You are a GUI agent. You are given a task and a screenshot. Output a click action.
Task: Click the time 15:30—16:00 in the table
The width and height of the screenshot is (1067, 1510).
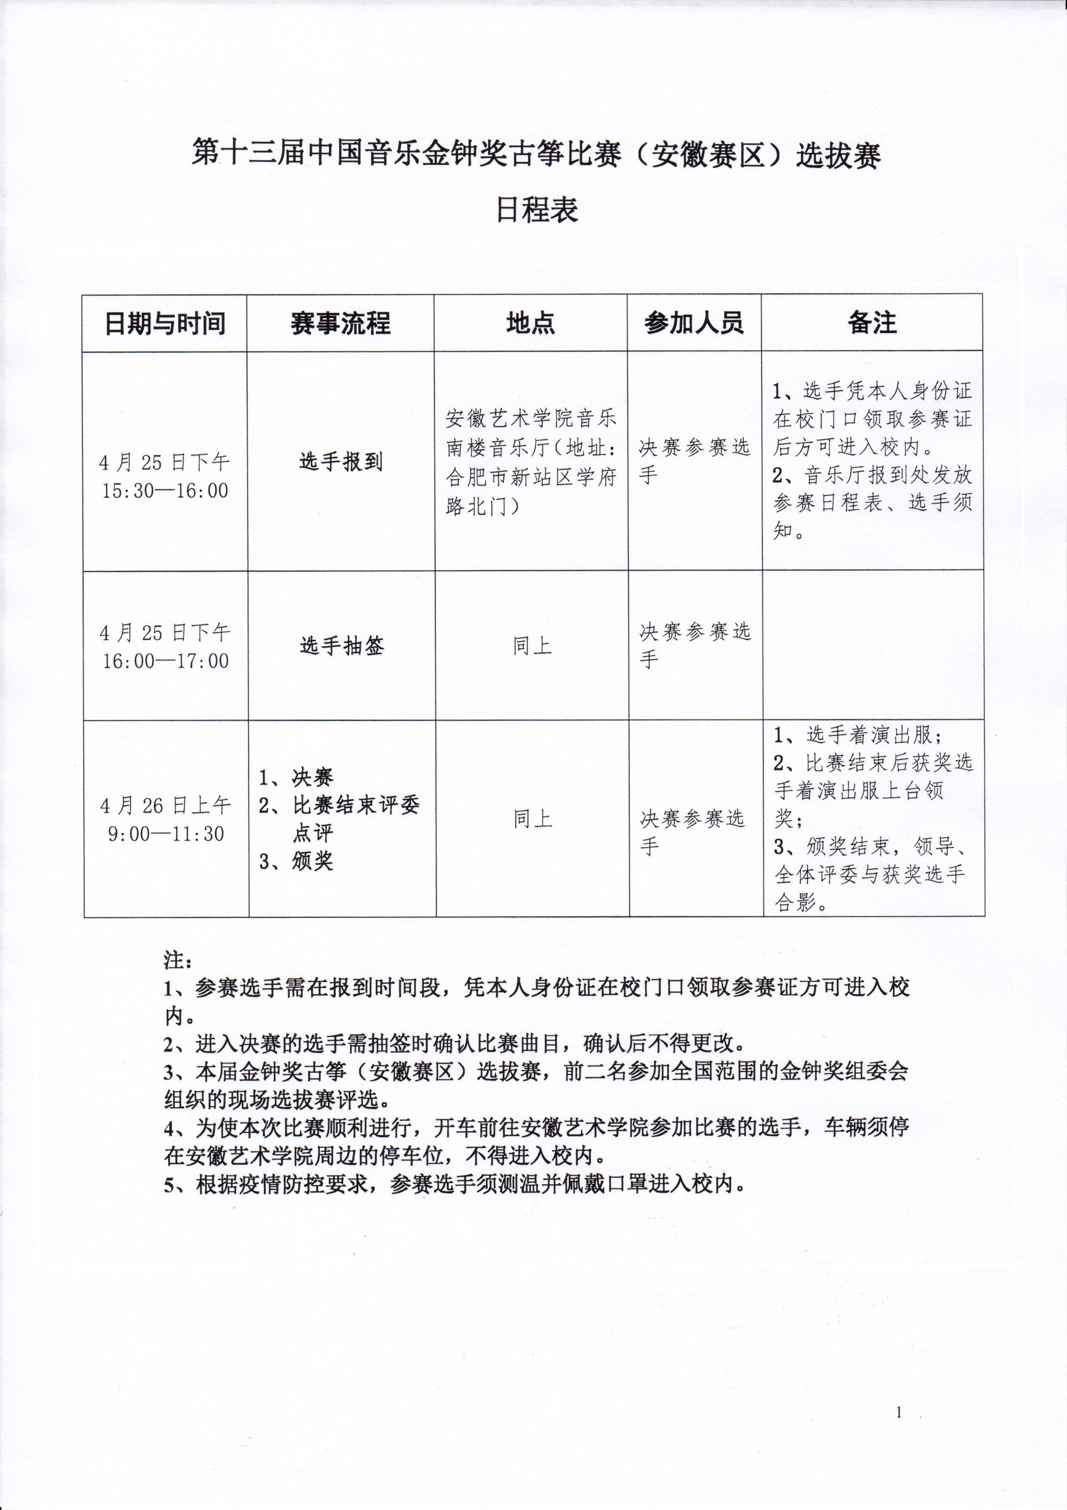coord(165,490)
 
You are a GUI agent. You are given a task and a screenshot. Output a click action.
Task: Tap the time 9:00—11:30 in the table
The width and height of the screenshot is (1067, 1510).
coord(166,833)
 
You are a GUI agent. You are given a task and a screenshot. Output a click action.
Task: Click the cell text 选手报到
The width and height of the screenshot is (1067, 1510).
coord(340,462)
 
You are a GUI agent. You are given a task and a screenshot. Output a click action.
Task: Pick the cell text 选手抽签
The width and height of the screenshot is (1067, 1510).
coord(342,646)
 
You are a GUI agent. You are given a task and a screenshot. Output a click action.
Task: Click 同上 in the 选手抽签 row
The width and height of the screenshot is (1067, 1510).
coord(532,646)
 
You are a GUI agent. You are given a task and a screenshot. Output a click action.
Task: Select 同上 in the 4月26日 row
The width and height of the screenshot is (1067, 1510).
coord(532,819)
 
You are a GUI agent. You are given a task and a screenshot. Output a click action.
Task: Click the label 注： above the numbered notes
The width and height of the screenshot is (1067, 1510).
coord(177,960)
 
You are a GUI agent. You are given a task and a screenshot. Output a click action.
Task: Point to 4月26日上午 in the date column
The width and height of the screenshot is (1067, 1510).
coord(166,806)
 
